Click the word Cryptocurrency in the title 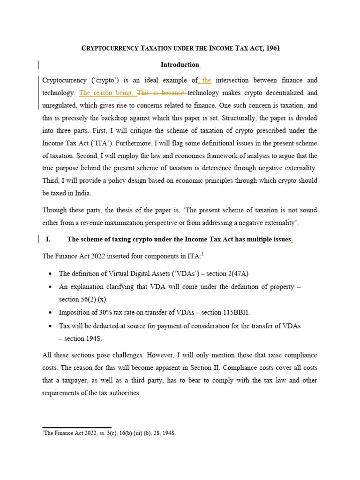[109, 49]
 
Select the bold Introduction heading [180, 65]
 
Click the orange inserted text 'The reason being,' [106, 93]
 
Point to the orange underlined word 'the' [206, 80]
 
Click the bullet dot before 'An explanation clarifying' [50, 286]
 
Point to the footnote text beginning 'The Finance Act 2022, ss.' [109, 434]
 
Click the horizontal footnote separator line [76, 427]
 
